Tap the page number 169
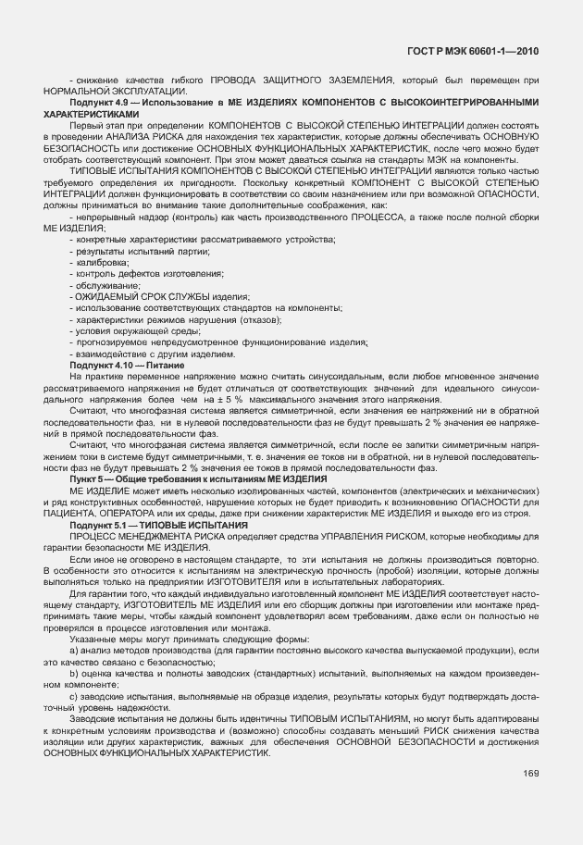[x=530, y=773]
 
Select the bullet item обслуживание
[x=105, y=286]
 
